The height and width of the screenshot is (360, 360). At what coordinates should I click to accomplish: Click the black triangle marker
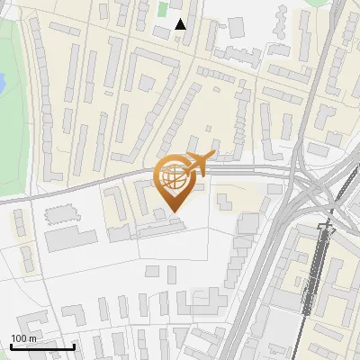click(x=181, y=24)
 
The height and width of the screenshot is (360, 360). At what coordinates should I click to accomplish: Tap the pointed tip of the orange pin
click(x=174, y=211)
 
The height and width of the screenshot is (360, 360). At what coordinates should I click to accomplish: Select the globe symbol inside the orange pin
click(x=174, y=177)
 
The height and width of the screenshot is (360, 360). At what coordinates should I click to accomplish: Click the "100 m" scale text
click(x=23, y=338)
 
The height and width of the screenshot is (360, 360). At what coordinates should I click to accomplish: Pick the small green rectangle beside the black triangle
click(x=163, y=10)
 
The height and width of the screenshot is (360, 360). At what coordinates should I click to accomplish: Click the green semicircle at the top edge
click(x=317, y=3)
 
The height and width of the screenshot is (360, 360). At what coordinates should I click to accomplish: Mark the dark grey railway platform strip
click(x=317, y=270)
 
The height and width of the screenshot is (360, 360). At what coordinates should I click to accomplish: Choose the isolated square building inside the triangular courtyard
click(x=145, y=83)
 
